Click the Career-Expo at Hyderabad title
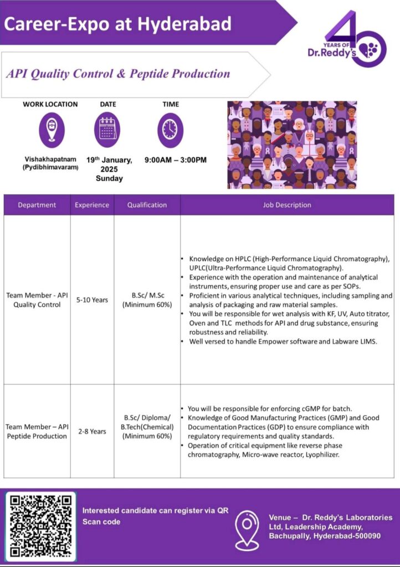point(117,24)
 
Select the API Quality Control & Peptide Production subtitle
point(117,74)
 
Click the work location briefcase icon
point(51,130)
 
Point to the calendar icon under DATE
point(109,130)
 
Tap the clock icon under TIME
point(170,130)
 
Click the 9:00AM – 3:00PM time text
point(176,160)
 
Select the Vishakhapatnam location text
point(50,159)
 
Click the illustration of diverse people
point(292,145)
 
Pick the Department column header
point(37,205)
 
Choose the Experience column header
point(92,205)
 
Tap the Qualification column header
point(147,205)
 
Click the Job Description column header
point(287,205)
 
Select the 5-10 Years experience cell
point(92,300)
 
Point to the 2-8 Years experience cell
point(92,431)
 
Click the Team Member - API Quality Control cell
point(37,300)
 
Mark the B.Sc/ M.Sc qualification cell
point(147,300)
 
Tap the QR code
point(40,525)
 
